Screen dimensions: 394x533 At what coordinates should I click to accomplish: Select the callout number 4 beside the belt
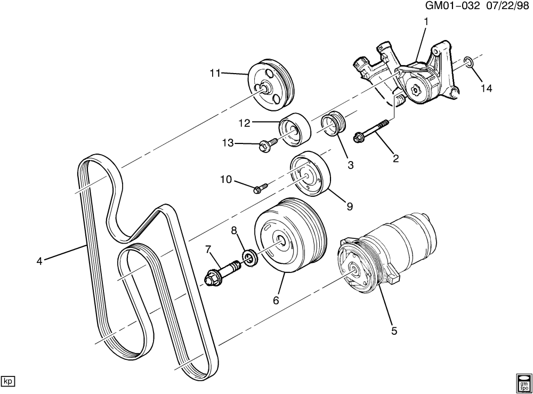coord(39,261)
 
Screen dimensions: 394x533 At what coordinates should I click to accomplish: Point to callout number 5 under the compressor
coord(394,331)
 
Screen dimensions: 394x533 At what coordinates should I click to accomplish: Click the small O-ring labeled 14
coord(467,63)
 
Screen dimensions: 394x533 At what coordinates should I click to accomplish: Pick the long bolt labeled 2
coord(373,132)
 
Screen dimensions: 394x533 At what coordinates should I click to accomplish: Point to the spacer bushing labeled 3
coord(334,126)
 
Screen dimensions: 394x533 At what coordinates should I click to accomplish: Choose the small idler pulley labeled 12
coord(294,130)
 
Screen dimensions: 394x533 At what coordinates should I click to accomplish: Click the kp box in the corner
coord(8,381)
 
